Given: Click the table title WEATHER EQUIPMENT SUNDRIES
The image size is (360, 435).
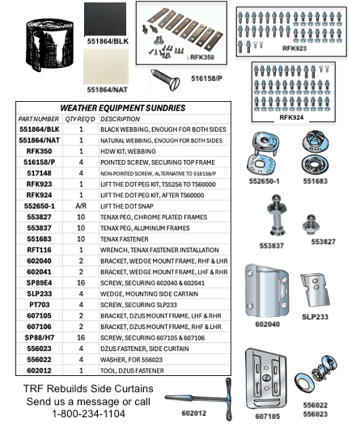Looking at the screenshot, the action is [122, 108].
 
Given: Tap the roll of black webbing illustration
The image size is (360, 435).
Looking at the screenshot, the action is [48, 47].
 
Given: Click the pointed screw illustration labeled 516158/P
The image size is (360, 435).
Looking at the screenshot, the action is [170, 78].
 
